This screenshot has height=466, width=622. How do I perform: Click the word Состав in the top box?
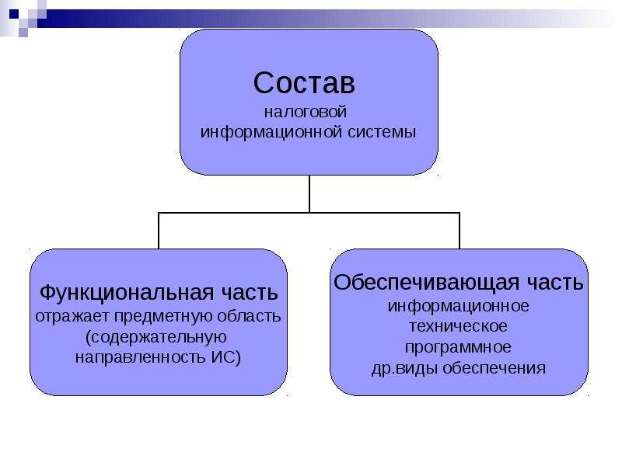tap(304, 83)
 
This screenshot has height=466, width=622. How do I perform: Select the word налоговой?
tap(306, 112)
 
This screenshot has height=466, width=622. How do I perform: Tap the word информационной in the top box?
tap(271, 132)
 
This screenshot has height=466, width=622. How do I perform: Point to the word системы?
tap(382, 132)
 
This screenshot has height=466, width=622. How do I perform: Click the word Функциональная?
tap(127, 294)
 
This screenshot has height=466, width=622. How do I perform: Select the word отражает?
tap(72, 317)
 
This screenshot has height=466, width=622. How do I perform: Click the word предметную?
tap(163, 317)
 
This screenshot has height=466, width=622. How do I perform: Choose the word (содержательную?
tap(156, 337)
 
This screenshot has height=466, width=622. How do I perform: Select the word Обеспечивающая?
tap(426, 283)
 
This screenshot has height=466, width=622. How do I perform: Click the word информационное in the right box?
tap(458, 306)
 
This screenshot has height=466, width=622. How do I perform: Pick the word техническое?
tap(458, 326)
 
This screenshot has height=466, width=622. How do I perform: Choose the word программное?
tap(458, 347)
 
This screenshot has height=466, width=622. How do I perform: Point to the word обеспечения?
tap(494, 368)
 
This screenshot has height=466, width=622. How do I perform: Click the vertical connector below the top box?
tap(309, 193)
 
